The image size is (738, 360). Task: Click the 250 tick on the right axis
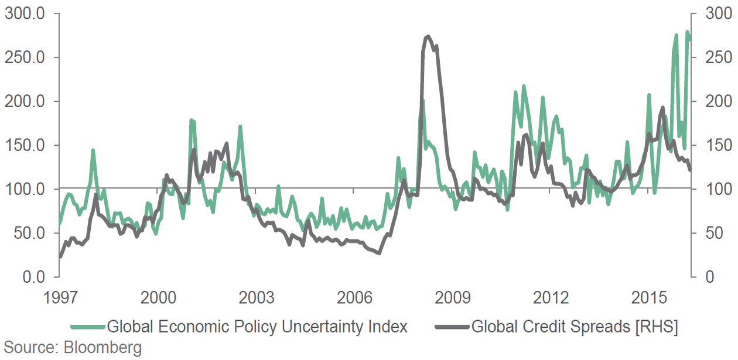pyautogui.click(x=711, y=57)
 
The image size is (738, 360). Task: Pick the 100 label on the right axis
pyautogui.click(x=711, y=189)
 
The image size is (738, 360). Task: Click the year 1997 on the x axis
pyautogui.click(x=60, y=297)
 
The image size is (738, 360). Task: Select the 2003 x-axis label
pyautogui.click(x=257, y=297)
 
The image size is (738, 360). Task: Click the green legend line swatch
pyautogui.click(x=87, y=327)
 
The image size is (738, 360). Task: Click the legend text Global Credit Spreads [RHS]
pyautogui.click(x=575, y=327)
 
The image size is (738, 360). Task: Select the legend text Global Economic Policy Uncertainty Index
pyautogui.click(x=257, y=327)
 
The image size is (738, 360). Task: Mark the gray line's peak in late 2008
pyautogui.click(x=428, y=36)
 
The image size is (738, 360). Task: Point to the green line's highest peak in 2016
pyautogui.click(x=687, y=32)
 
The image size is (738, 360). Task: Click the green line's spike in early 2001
pyautogui.click(x=191, y=121)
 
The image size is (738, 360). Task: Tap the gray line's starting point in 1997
pyautogui.click(x=60, y=256)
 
